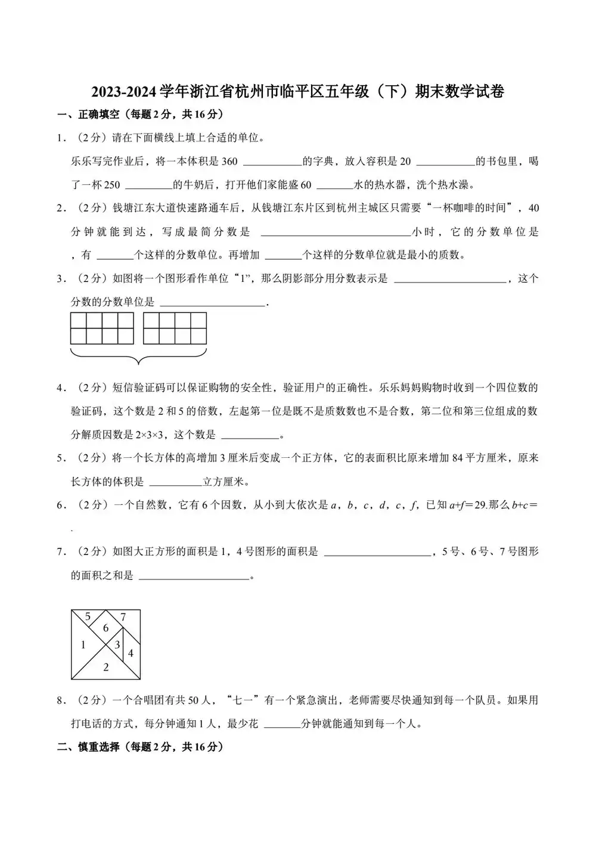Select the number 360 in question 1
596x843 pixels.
[229, 162]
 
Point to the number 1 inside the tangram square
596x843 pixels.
[83, 644]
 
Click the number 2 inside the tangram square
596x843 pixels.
[106, 667]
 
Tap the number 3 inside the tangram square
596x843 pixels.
[117, 644]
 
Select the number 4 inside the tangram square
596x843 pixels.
[131, 653]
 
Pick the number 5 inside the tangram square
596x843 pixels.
[88, 616]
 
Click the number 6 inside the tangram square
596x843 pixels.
[105, 628]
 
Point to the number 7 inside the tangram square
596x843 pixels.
[123, 618]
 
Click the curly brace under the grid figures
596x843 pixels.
[139, 358]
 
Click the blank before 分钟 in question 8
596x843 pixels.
[281, 724]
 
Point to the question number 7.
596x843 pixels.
[60, 552]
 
